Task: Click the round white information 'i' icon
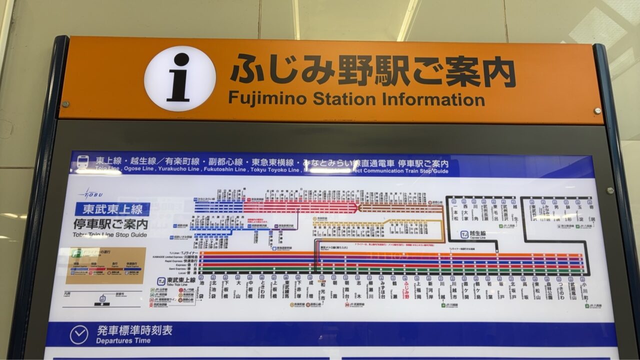(x=180, y=78)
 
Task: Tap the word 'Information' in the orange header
(x=433, y=99)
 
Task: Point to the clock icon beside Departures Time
(x=79, y=334)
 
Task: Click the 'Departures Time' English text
(x=123, y=341)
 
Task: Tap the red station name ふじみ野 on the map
(x=406, y=289)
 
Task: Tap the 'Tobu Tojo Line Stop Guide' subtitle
(x=110, y=234)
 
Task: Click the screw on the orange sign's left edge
(x=65, y=104)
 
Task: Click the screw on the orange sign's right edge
(x=597, y=110)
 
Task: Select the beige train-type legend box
(x=105, y=265)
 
